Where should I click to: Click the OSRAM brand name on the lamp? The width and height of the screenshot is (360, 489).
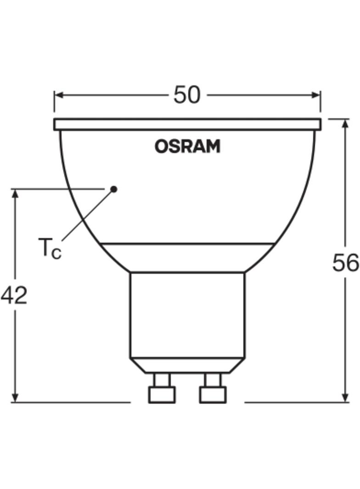(187, 147)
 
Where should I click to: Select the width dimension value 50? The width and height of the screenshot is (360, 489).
(187, 95)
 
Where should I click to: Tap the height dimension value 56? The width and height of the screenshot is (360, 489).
(345, 263)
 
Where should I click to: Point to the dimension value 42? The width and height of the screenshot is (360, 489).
(14, 295)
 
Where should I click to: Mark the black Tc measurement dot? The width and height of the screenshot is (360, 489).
(114, 189)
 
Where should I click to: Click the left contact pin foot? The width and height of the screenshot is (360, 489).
(162, 395)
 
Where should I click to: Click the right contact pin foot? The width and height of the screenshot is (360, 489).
(213, 395)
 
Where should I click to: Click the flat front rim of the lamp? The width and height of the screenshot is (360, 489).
(187, 124)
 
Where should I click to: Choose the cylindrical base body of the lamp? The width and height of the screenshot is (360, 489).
(187, 315)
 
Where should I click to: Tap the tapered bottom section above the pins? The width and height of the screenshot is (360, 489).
(187, 365)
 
